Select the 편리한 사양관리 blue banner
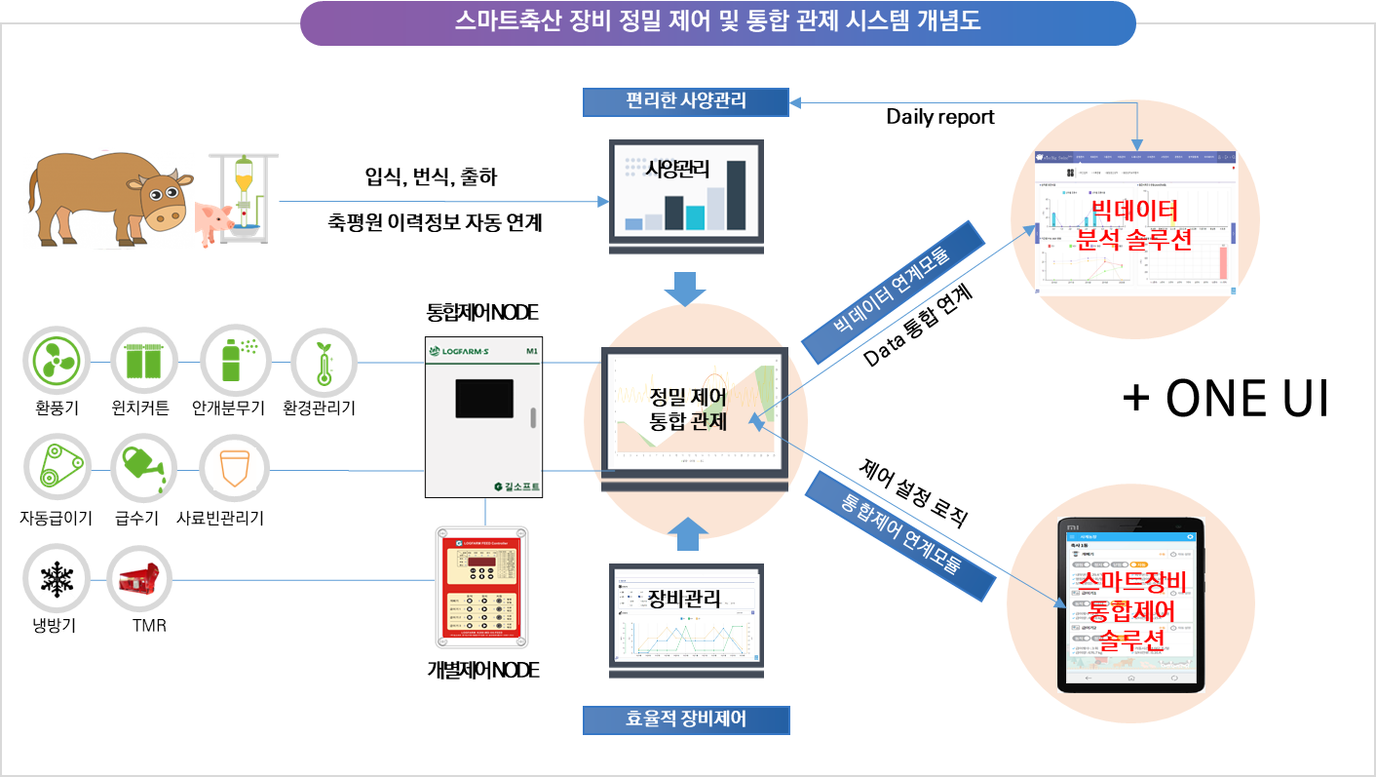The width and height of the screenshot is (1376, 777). coord(685,100)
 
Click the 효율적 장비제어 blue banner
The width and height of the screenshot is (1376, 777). coord(685,719)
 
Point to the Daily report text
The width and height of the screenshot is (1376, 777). coord(939,117)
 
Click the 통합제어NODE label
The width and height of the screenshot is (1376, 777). coord(482,313)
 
